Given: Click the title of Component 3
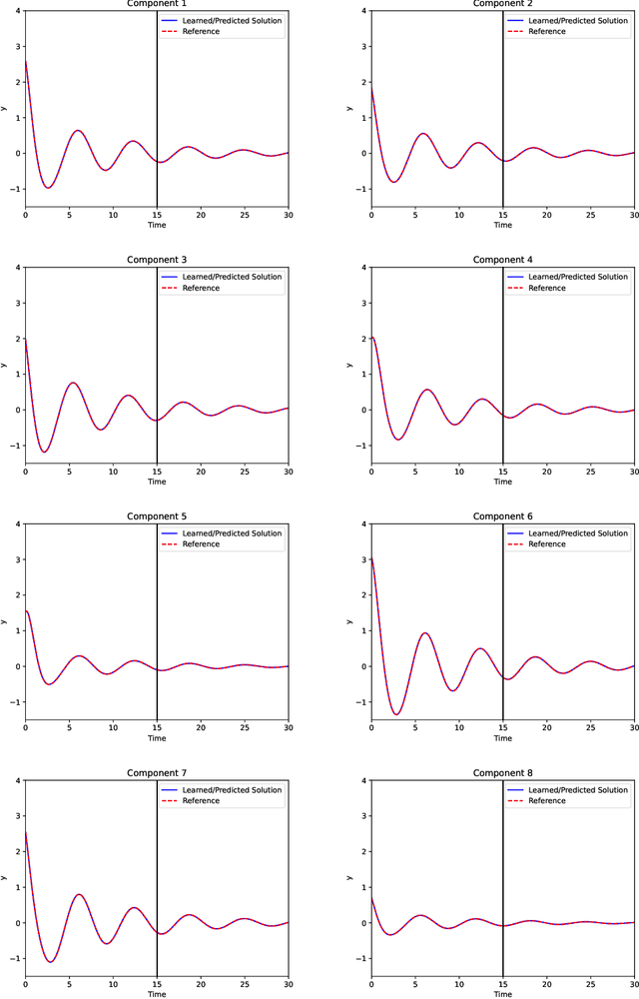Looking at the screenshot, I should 157,260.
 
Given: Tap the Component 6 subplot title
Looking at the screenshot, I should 502,516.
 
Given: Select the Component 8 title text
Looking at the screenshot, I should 502,772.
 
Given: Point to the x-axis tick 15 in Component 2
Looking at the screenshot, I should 502,215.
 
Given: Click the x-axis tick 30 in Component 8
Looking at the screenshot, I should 634,984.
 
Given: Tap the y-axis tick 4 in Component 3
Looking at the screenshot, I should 17,268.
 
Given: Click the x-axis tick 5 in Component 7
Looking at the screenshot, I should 69,984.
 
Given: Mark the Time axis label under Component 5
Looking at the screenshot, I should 157,738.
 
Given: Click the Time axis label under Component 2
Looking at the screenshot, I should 502,226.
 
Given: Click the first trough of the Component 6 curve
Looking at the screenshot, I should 396,714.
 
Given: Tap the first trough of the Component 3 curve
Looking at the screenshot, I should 44,452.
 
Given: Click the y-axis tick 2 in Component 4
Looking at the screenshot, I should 363,339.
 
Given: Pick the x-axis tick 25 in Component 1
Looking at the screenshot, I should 245,215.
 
